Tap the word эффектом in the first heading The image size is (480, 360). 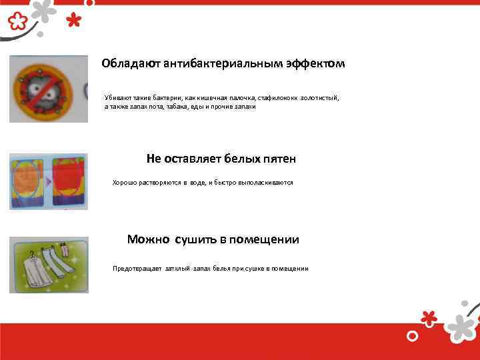319,64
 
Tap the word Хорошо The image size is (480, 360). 125,182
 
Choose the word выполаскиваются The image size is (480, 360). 264,182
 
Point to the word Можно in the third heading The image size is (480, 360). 148,239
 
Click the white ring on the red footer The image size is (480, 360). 413,334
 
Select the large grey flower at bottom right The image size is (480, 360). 461,325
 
